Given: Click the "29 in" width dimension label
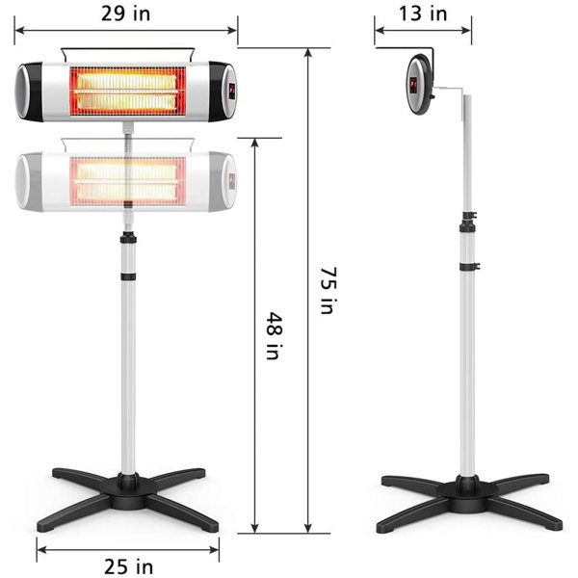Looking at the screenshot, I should coord(125,13).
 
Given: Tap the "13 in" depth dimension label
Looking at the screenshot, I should coord(423,13).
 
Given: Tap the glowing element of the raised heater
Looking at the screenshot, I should coord(126,91).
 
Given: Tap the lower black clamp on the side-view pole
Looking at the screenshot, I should coord(468,265).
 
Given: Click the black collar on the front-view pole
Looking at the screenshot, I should coord(127,278).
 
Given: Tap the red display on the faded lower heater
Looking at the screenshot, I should coord(232,180).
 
